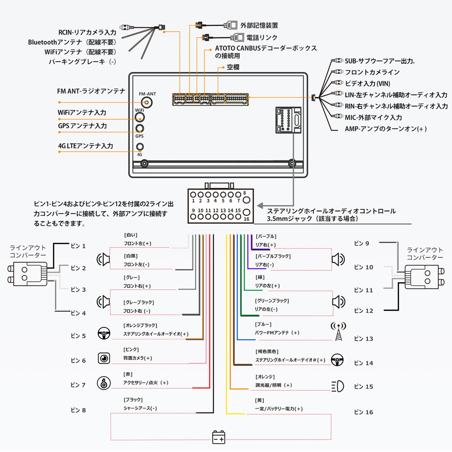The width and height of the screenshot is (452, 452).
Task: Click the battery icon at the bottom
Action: (219, 437)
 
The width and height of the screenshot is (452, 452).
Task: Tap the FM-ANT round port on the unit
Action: (147, 102)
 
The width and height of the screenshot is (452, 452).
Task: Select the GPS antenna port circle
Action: (140, 128)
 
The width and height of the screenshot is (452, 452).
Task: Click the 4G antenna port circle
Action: (140, 147)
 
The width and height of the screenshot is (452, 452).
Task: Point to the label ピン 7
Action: (78, 385)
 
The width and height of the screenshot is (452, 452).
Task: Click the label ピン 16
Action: (363, 412)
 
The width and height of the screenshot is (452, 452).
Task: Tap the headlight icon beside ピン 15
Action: (338, 386)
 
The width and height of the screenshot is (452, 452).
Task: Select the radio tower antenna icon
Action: (338, 331)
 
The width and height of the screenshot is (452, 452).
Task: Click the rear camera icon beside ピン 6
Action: (104, 358)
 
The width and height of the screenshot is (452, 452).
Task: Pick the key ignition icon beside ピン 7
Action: (104, 383)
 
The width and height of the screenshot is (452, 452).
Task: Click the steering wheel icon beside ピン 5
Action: (104, 333)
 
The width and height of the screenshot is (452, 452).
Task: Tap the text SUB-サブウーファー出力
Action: (379, 61)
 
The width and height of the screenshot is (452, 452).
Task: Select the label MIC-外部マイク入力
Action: (373, 118)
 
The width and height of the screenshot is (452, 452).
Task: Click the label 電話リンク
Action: (262, 38)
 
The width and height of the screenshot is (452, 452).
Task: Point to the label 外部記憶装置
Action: (259, 25)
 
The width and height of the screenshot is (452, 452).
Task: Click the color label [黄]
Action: (260, 400)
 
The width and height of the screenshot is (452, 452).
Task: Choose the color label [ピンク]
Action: (131, 349)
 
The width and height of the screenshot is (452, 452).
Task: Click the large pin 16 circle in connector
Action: (246, 213)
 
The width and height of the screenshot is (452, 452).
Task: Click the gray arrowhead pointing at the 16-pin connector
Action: (260, 206)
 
